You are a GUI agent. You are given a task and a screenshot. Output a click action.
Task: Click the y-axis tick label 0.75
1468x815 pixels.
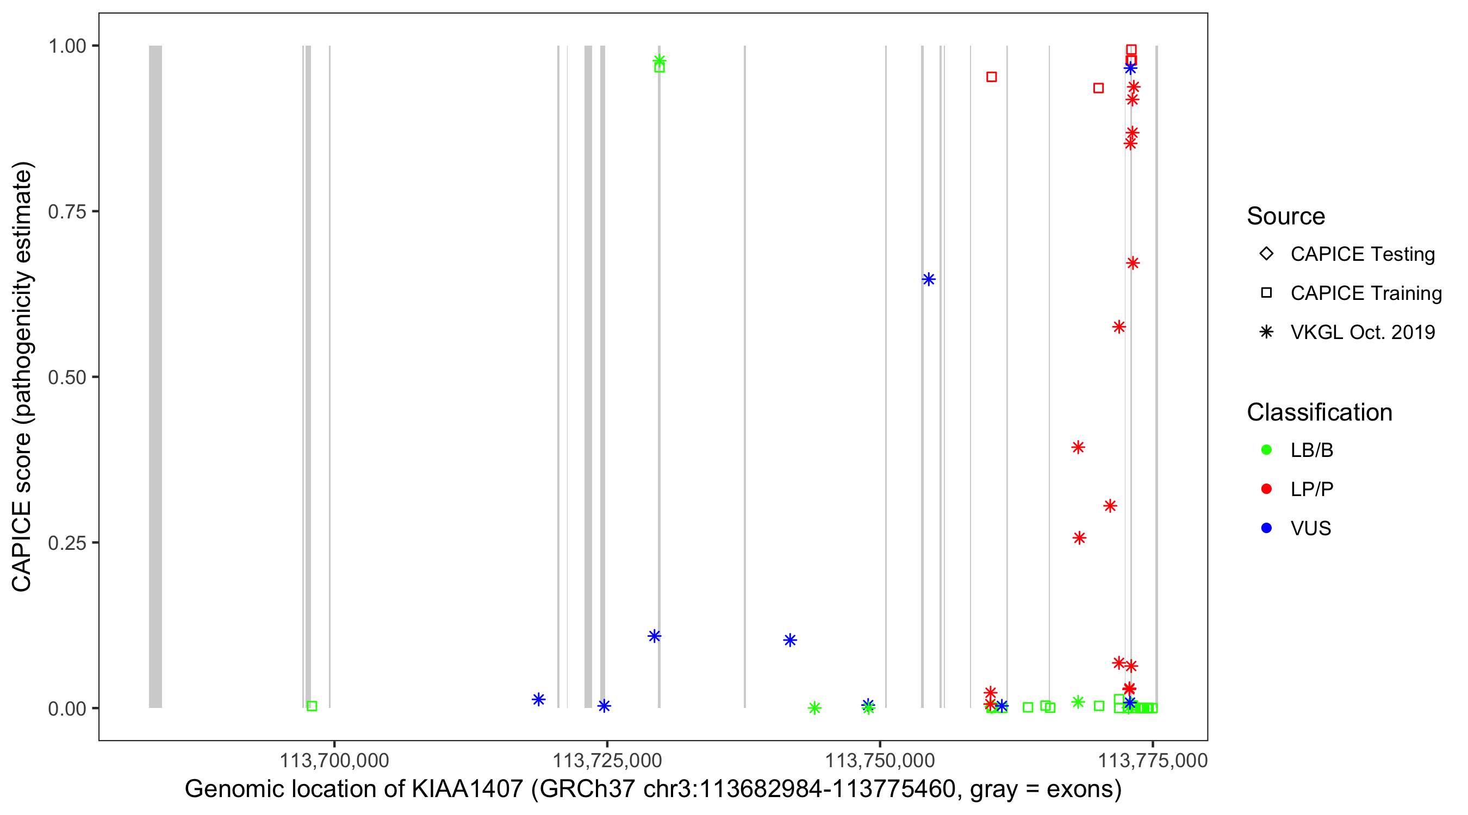tap(66, 212)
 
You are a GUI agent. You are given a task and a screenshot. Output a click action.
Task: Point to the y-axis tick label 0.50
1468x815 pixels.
tap(66, 377)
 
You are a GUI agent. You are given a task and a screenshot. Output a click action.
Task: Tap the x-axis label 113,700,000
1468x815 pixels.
tap(334, 760)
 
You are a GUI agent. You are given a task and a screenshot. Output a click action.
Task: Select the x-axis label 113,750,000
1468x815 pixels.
tap(880, 760)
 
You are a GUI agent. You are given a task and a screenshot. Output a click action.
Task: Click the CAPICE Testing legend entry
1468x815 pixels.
tap(1362, 254)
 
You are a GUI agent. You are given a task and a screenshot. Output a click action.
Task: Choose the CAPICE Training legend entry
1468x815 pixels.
tap(1365, 293)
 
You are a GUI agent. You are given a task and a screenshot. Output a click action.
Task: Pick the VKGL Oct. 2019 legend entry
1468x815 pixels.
tap(1362, 332)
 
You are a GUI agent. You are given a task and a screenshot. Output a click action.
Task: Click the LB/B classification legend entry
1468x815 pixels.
tap(1311, 450)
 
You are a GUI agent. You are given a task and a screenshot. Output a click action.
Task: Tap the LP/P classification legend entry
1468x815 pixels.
tap(1311, 489)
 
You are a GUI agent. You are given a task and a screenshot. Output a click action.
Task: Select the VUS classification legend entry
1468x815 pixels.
tap(1310, 529)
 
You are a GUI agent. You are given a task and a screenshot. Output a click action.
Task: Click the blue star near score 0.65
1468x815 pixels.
tap(929, 279)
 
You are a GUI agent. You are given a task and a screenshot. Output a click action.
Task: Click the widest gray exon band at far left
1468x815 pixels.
tap(155, 376)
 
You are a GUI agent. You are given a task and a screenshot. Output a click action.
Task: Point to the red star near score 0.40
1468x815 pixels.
tap(1078, 447)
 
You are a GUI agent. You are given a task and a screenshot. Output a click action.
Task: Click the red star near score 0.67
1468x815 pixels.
tap(1133, 263)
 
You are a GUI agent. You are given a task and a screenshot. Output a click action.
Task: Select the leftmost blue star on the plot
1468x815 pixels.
tap(538, 699)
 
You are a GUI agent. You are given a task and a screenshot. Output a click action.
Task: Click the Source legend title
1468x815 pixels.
tap(1286, 216)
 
